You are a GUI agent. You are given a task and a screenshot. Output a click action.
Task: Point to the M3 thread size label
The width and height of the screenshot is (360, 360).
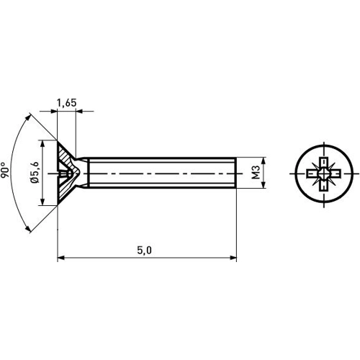[x=256, y=174]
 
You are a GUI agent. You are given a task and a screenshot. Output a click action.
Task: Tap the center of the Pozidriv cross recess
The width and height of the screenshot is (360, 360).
[x=325, y=174]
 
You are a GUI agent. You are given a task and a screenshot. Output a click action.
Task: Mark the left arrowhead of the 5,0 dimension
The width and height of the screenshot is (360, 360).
[x=60, y=256]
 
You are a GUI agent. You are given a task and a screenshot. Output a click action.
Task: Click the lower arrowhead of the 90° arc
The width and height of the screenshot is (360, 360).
[x=30, y=228]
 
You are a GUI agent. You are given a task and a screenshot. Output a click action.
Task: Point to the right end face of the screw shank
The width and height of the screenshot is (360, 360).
[x=235, y=174]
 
